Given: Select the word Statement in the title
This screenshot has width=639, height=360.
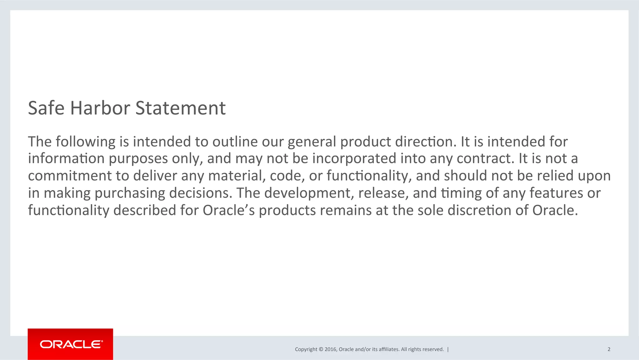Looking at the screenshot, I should click(180, 108).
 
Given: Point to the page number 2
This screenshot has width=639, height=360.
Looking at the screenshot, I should click(609, 349).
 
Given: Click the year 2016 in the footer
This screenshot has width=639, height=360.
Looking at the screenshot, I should click(330, 349).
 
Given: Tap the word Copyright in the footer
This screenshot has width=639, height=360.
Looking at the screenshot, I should click(306, 349).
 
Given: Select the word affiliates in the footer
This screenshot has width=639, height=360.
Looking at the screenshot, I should click(389, 349).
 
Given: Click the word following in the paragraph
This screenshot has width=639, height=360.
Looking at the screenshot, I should click(86, 142).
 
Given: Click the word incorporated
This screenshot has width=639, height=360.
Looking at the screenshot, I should click(354, 159).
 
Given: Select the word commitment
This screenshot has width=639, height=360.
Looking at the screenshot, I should click(70, 176).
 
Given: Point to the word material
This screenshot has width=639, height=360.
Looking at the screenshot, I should click(237, 176).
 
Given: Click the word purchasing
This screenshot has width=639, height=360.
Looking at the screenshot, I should click(129, 193).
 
